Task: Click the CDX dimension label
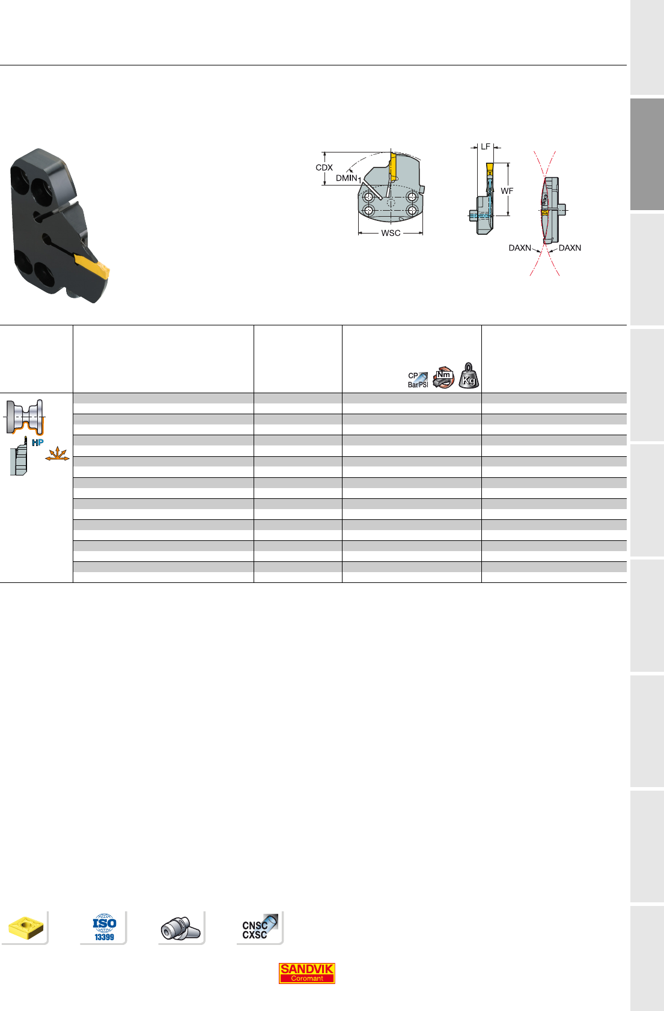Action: point(324,167)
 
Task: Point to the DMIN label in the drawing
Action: point(347,178)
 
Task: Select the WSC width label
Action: point(391,233)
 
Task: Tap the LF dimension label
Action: point(485,146)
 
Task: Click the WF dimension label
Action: point(507,191)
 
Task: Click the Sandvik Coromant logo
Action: point(306,973)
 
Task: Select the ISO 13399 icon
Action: point(105,927)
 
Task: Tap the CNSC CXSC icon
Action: point(260,927)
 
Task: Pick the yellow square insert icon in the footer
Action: point(26,928)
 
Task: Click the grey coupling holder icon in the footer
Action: point(180,928)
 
